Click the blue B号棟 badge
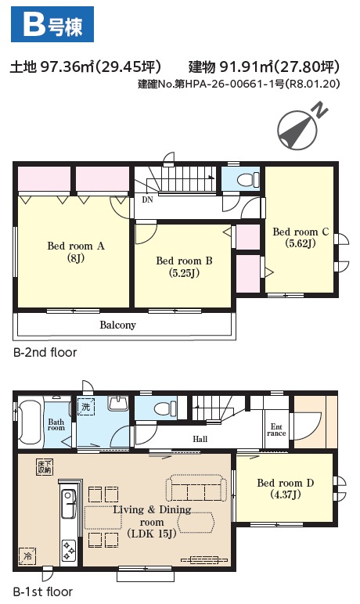coord(52,24)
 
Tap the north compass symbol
coord(301,128)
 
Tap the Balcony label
coord(117,325)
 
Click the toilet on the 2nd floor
coord(247,180)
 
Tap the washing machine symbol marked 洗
coord(85,406)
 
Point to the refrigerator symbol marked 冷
coord(27,555)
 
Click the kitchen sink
coord(69,503)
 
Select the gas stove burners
coord(69,550)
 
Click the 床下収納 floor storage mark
coord(45,467)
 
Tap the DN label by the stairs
coord(147,200)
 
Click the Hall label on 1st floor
coord(200,439)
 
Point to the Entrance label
coord(276,430)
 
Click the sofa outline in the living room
coord(196,488)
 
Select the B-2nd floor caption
coord(45,352)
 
